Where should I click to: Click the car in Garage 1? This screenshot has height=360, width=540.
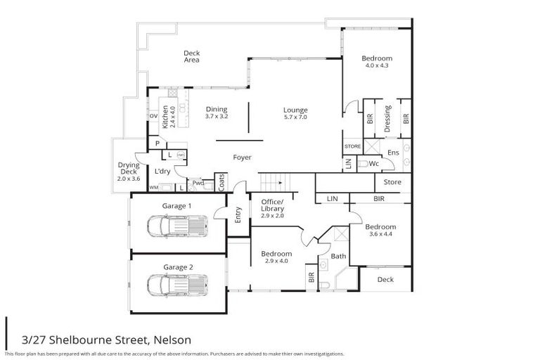176,227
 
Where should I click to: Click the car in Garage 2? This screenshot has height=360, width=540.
176,286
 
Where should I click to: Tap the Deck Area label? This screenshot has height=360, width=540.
191,56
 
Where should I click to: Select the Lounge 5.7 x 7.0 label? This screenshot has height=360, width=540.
295,113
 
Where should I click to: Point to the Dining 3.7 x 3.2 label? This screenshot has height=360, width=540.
217,112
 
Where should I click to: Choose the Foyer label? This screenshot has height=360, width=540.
243,157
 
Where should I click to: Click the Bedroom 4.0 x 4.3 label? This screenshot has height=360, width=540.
377,61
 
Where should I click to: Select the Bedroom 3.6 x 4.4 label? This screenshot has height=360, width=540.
380,230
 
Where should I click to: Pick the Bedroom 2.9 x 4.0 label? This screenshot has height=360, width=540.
276,257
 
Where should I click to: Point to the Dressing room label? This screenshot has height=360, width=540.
387,118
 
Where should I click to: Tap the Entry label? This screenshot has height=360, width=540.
238,214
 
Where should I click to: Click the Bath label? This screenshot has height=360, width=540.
338,257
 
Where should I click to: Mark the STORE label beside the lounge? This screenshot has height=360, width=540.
352,146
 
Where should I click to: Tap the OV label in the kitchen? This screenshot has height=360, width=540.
153,117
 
